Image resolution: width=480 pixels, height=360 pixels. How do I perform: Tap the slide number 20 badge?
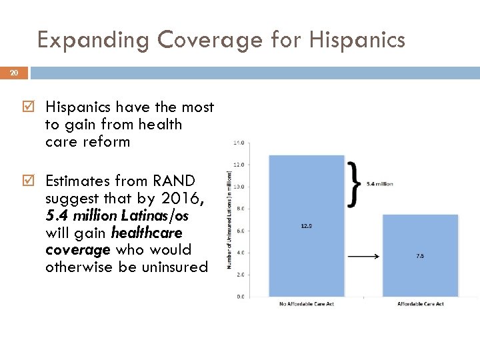coord(14,72)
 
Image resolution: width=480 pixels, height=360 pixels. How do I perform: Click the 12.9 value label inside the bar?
coord(307,226)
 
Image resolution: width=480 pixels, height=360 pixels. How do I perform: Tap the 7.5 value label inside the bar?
coord(420,255)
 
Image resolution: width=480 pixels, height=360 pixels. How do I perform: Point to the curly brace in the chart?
coord(355,183)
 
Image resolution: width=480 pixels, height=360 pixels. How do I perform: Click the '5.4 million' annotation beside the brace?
coord(379,183)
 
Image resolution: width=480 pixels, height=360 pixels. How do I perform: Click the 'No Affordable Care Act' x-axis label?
coord(307,304)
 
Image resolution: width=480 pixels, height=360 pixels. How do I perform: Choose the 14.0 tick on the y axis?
coord(239,143)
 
